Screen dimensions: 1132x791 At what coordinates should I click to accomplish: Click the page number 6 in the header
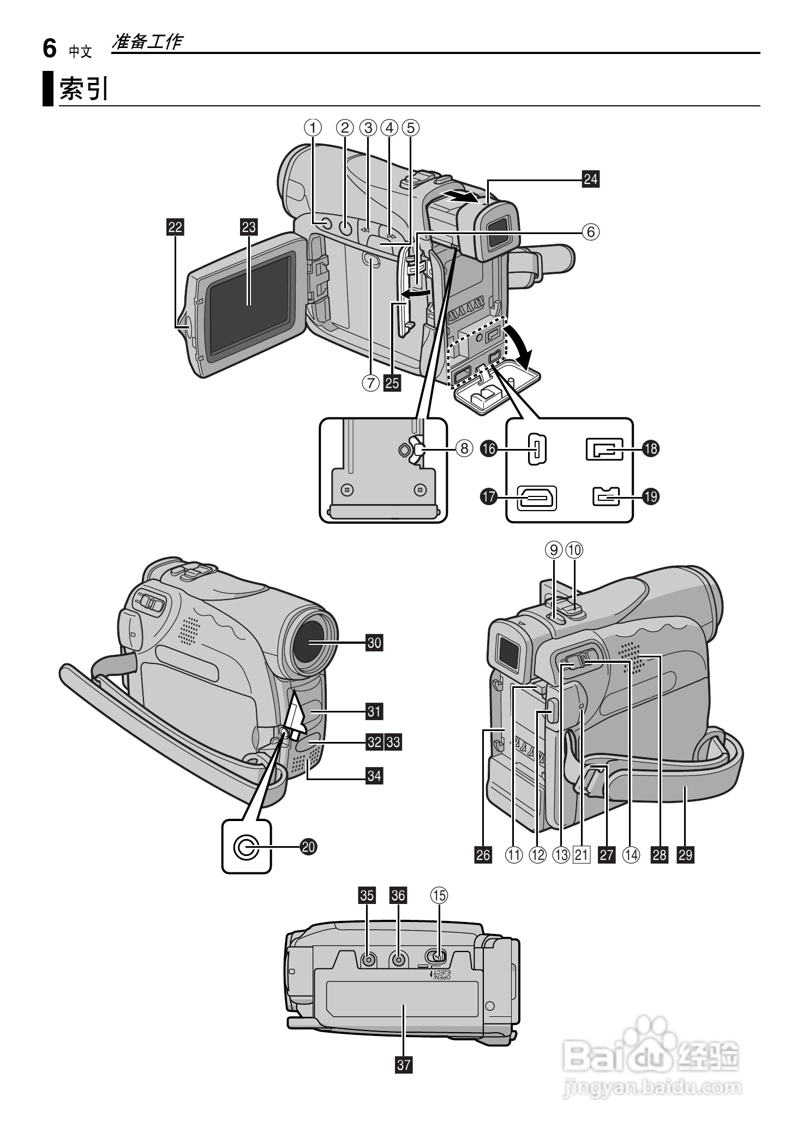(50, 49)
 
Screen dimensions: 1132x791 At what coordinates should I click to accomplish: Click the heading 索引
(84, 89)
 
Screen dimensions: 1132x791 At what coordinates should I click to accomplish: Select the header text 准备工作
(146, 42)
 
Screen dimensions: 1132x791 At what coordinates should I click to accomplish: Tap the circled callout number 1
(313, 128)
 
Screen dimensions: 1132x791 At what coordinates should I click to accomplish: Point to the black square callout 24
(590, 178)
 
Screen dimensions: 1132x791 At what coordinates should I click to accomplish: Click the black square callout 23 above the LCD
(249, 227)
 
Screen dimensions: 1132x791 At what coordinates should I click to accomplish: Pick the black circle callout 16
(489, 449)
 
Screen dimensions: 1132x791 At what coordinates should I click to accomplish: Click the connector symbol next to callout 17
(537, 498)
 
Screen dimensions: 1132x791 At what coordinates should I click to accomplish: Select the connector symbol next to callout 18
(604, 450)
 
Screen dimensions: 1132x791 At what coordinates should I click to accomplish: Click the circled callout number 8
(464, 448)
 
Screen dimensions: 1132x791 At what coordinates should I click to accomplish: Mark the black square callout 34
(374, 775)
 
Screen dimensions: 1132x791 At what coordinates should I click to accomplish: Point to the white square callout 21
(582, 854)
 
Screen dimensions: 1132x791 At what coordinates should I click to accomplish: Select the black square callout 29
(685, 854)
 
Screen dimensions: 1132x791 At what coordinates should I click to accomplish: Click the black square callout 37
(404, 1064)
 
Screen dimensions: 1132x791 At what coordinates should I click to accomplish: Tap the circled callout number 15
(439, 895)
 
